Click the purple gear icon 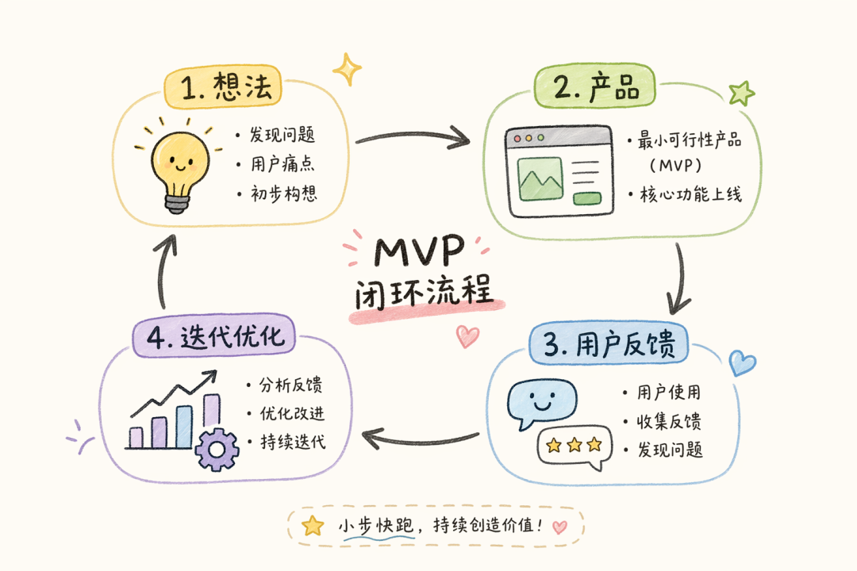coord(217,450)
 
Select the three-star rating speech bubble coord(575,446)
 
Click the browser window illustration coord(559,171)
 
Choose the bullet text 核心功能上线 coord(690,194)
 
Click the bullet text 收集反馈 coord(668,421)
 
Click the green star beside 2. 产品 coord(742,94)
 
